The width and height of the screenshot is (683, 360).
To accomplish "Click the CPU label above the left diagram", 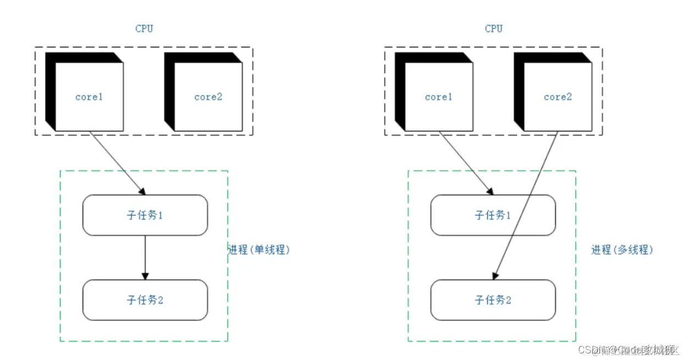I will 144,29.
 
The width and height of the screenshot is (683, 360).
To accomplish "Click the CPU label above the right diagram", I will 493,29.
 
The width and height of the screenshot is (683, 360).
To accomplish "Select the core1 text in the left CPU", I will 89,97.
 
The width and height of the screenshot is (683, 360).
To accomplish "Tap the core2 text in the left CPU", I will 208,97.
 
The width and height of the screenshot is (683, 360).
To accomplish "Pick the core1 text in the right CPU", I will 438,97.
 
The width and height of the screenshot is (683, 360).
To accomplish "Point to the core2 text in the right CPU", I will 558,97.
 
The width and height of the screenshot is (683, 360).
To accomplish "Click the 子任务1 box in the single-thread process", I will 145,215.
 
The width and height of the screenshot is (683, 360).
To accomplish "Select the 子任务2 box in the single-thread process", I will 145,300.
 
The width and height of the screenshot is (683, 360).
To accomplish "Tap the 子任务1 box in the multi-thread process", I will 493,215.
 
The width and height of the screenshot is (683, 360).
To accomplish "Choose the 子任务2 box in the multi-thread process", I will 493,300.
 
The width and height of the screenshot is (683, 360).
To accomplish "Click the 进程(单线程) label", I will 258,250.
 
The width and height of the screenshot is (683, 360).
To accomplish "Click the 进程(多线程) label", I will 621,250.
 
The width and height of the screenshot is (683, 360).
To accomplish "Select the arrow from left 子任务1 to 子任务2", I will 145,256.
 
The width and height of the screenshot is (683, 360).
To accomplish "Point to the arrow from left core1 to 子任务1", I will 117,163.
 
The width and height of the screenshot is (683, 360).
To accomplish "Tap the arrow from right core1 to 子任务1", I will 465,163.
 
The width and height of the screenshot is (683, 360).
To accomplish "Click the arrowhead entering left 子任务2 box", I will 145,276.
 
